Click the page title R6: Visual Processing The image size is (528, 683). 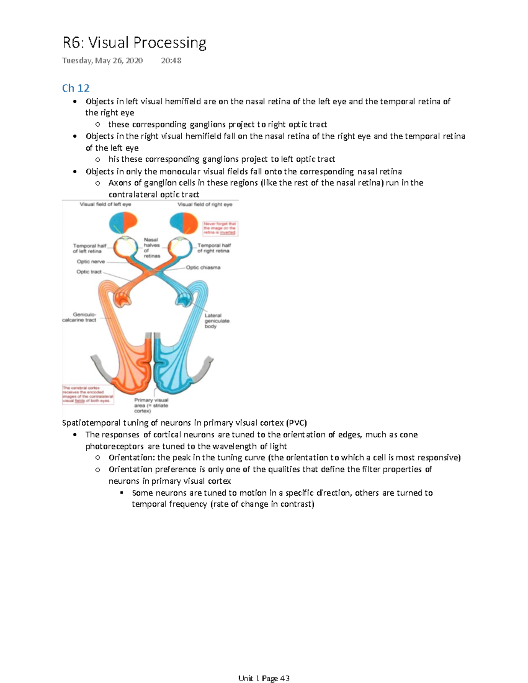(x=134, y=43)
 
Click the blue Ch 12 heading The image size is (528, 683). (x=76, y=88)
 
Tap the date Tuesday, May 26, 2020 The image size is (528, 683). (x=102, y=61)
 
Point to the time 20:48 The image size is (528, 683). (x=171, y=61)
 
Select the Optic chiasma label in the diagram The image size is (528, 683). (x=203, y=267)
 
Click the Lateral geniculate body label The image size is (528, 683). (x=216, y=321)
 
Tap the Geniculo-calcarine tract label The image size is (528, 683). (x=80, y=317)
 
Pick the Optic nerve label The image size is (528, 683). (x=91, y=262)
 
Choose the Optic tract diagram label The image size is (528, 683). (x=89, y=272)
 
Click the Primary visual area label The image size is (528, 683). (x=151, y=405)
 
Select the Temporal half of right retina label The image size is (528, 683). (x=214, y=248)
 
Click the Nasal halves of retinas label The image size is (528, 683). (x=152, y=248)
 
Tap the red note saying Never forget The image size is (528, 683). (x=220, y=228)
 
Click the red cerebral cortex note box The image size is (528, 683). (x=88, y=394)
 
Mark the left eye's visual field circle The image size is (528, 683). (x=124, y=223)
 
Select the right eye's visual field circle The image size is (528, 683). (x=184, y=223)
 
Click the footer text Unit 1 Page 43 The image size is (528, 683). (x=264, y=678)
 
